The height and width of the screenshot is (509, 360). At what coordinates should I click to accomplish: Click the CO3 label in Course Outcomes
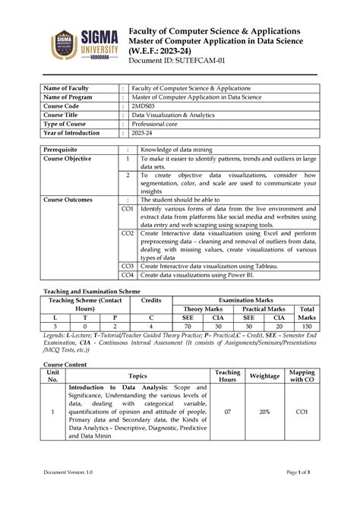click(x=127, y=267)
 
